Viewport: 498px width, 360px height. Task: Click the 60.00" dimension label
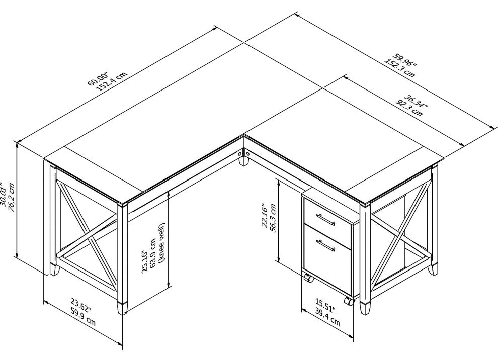(98, 78)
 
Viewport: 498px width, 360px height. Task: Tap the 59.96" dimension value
(404, 61)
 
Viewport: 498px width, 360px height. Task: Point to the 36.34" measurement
(416, 101)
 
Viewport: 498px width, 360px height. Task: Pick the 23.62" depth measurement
(80, 305)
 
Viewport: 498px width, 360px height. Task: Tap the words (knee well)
(161, 243)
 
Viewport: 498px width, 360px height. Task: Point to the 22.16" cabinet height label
(264, 215)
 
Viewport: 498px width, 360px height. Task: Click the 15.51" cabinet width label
(325, 305)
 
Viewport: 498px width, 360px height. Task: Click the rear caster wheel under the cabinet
(308, 278)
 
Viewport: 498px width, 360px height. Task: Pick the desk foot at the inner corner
(243, 161)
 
